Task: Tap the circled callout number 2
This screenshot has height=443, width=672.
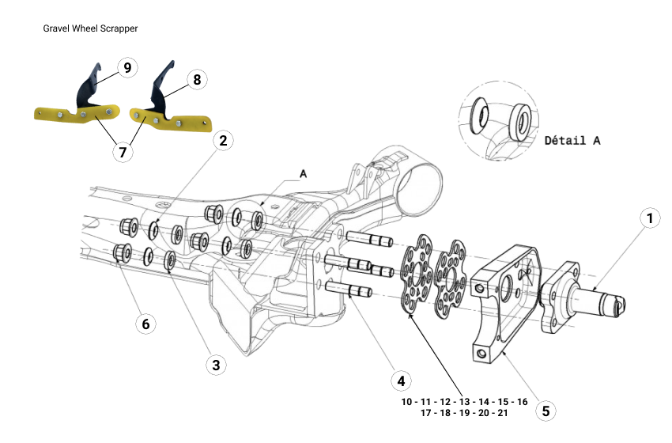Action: coord(224,141)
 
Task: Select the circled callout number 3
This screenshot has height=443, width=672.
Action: coord(214,365)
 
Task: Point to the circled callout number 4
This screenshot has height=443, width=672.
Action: coord(402,381)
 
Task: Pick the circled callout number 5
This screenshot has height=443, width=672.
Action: coord(544,411)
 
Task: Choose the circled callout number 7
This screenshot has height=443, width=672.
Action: coord(123,152)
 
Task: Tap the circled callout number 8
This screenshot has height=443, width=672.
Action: coord(197,80)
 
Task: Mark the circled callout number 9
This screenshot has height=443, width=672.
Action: coord(126,67)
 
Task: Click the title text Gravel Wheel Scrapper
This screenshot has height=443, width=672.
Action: coord(91,28)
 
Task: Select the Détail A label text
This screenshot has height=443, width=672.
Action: coord(572,140)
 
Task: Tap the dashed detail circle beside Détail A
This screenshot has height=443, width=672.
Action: coord(496,119)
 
